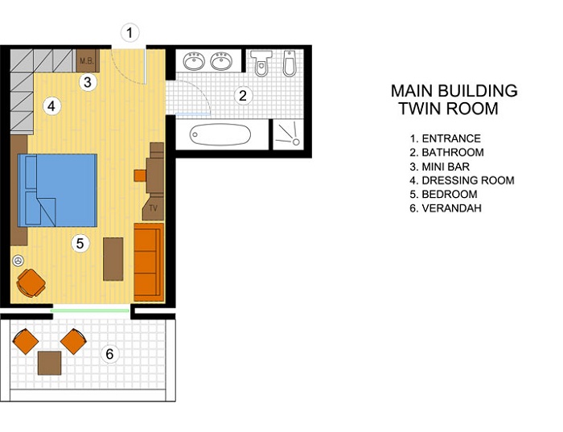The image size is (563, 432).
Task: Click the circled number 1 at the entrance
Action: pos(129,33)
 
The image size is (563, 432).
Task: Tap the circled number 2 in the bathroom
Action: pos(243,96)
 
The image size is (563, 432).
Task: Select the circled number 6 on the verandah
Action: pos(109,354)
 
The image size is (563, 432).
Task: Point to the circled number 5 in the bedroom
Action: pos(80,243)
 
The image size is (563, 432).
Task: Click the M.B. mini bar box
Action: pos(87,60)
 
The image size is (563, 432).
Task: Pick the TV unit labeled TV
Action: pos(154,208)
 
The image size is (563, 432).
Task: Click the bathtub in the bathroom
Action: pos(220,134)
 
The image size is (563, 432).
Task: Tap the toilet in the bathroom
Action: pos(261,64)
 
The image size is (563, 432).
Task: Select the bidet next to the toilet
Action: pos(289,64)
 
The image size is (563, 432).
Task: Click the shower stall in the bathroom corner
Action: pos(289,134)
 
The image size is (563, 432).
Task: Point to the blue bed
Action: pos(57,191)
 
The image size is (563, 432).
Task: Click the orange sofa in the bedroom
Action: pos(149,262)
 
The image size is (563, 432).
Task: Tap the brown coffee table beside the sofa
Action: pos(113,259)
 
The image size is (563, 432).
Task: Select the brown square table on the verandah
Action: pos(50,363)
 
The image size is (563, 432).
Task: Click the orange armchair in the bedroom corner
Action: pos(31,283)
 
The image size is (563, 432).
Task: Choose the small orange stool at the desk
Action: pos(140,175)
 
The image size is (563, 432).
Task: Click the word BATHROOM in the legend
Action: pos(453,152)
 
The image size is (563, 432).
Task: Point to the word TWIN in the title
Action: pos(419,109)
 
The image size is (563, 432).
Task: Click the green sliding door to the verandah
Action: pos(90,311)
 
